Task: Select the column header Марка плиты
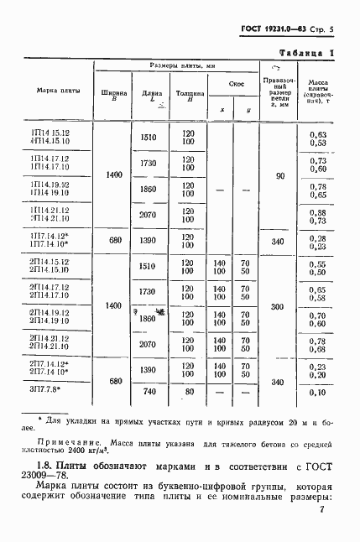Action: pyautogui.click(x=52, y=92)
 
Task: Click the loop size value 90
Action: pyautogui.click(x=280, y=176)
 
